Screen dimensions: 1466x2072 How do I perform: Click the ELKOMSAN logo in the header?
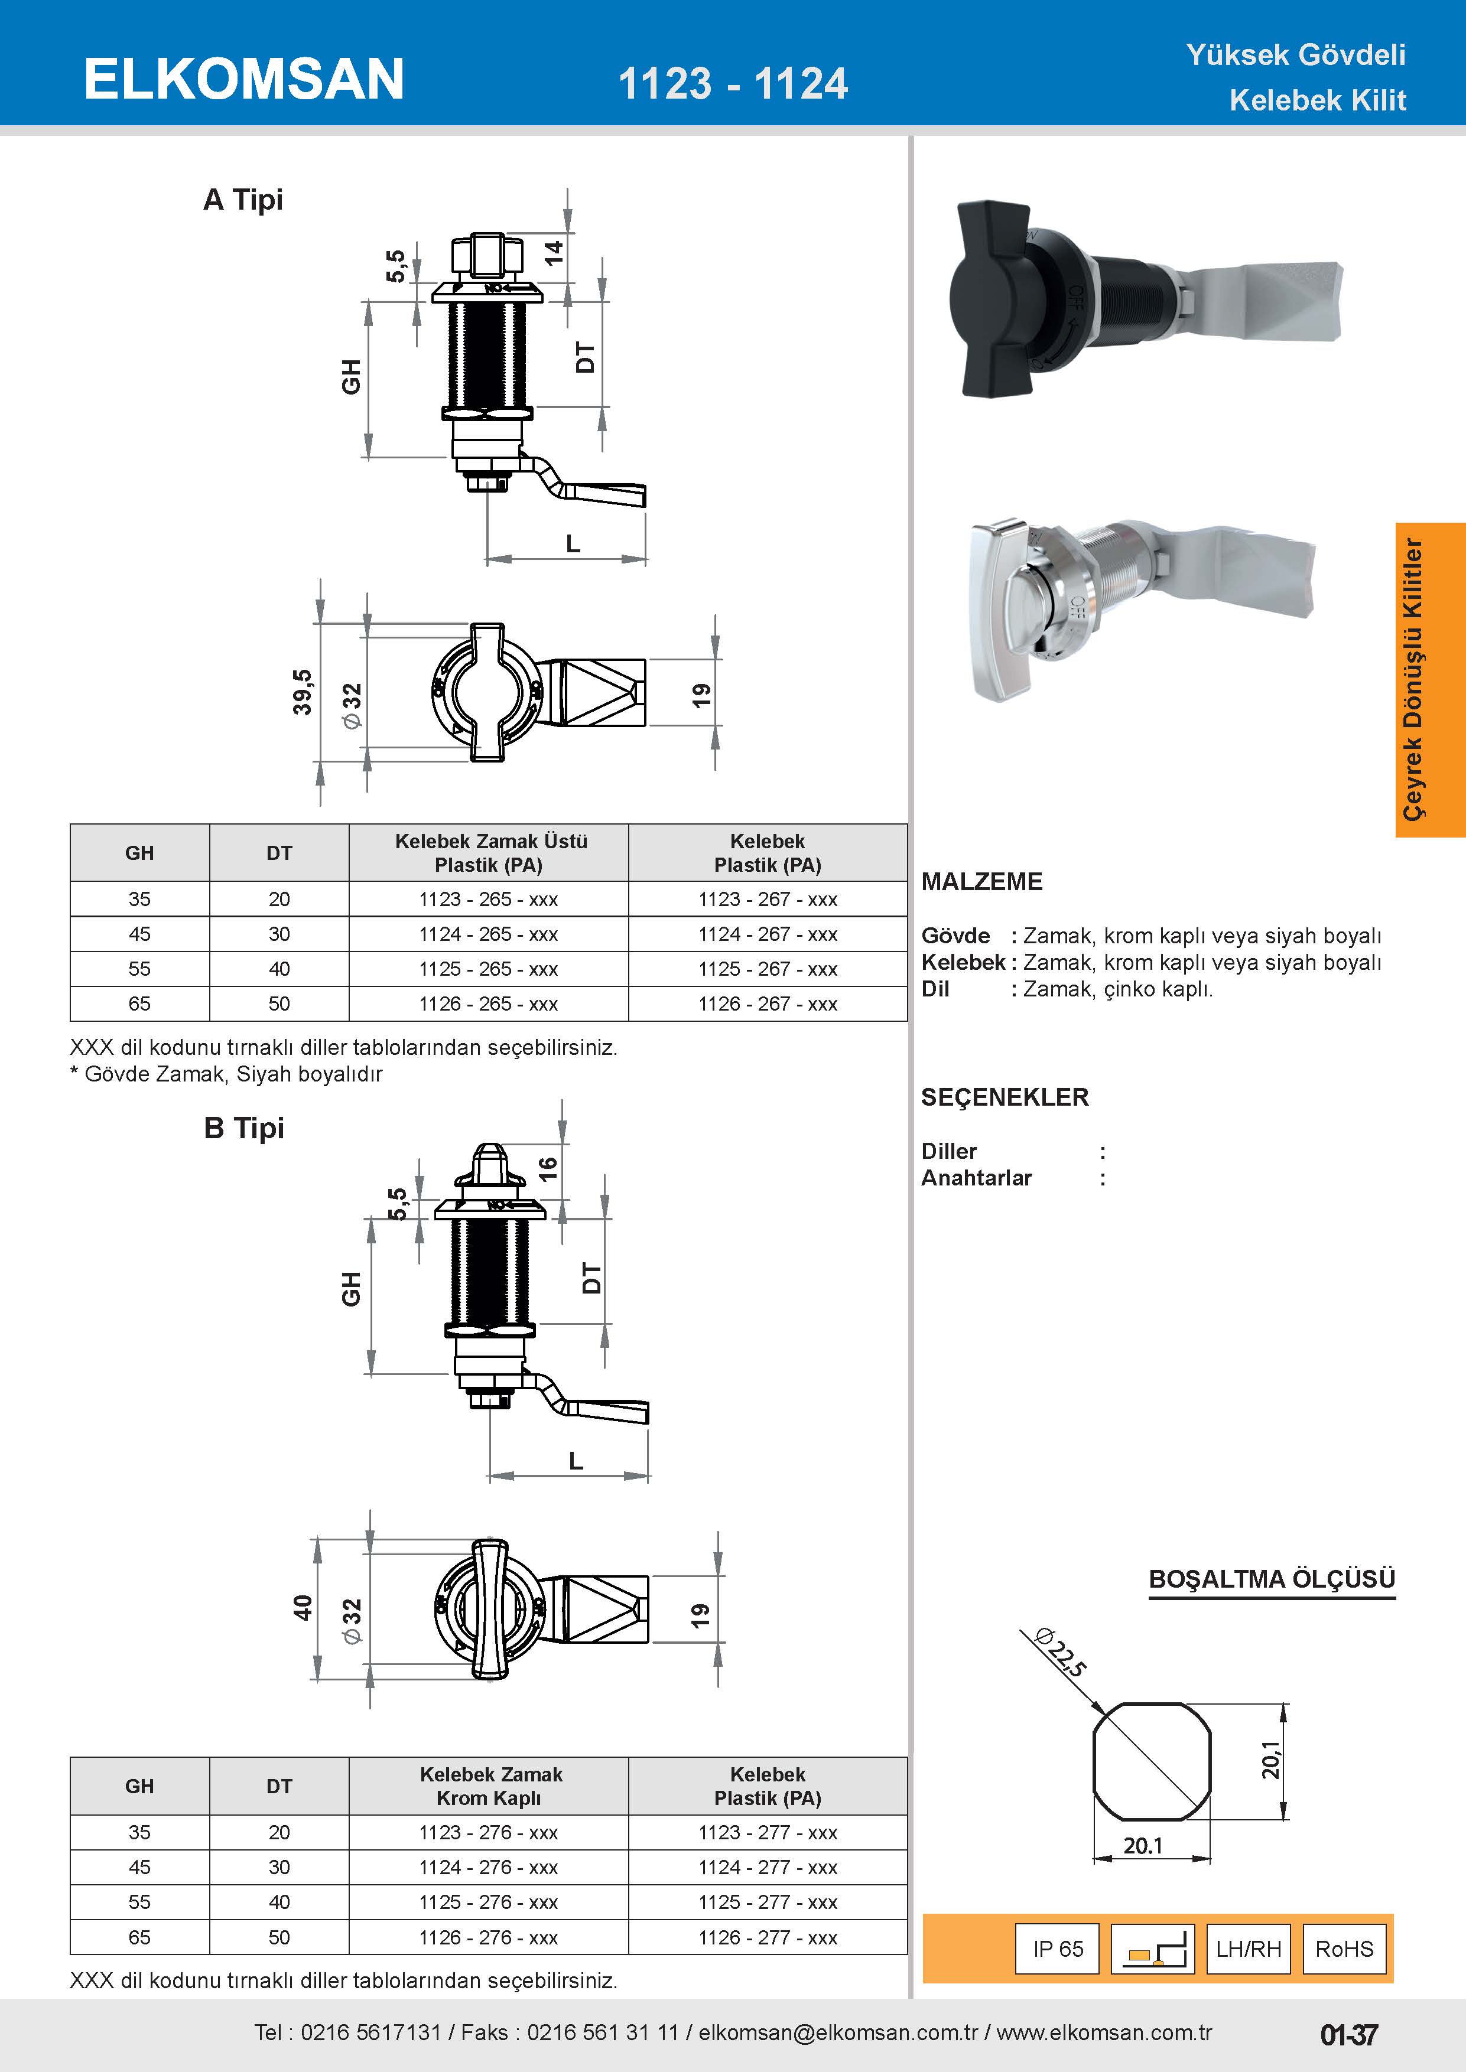243,79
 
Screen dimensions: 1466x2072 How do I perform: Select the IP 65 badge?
1058,1949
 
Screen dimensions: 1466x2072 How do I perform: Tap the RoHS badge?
1344,1949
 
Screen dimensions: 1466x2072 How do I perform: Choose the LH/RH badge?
1249,1949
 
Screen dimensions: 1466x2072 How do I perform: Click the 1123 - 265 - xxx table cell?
488,899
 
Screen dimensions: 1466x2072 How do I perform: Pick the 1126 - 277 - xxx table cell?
768,1937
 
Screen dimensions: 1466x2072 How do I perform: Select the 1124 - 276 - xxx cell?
488,1867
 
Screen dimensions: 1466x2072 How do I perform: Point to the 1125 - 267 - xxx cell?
768,968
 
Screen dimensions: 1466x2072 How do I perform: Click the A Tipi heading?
243,200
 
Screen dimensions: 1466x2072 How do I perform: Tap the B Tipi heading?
243,1128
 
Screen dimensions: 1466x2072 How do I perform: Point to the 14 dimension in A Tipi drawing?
553,252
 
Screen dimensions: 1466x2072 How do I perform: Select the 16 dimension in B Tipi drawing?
548,1169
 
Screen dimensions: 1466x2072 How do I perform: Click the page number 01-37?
1348,2035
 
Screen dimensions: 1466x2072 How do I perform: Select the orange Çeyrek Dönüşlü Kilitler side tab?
1430,679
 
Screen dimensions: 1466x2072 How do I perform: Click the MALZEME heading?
981,882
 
